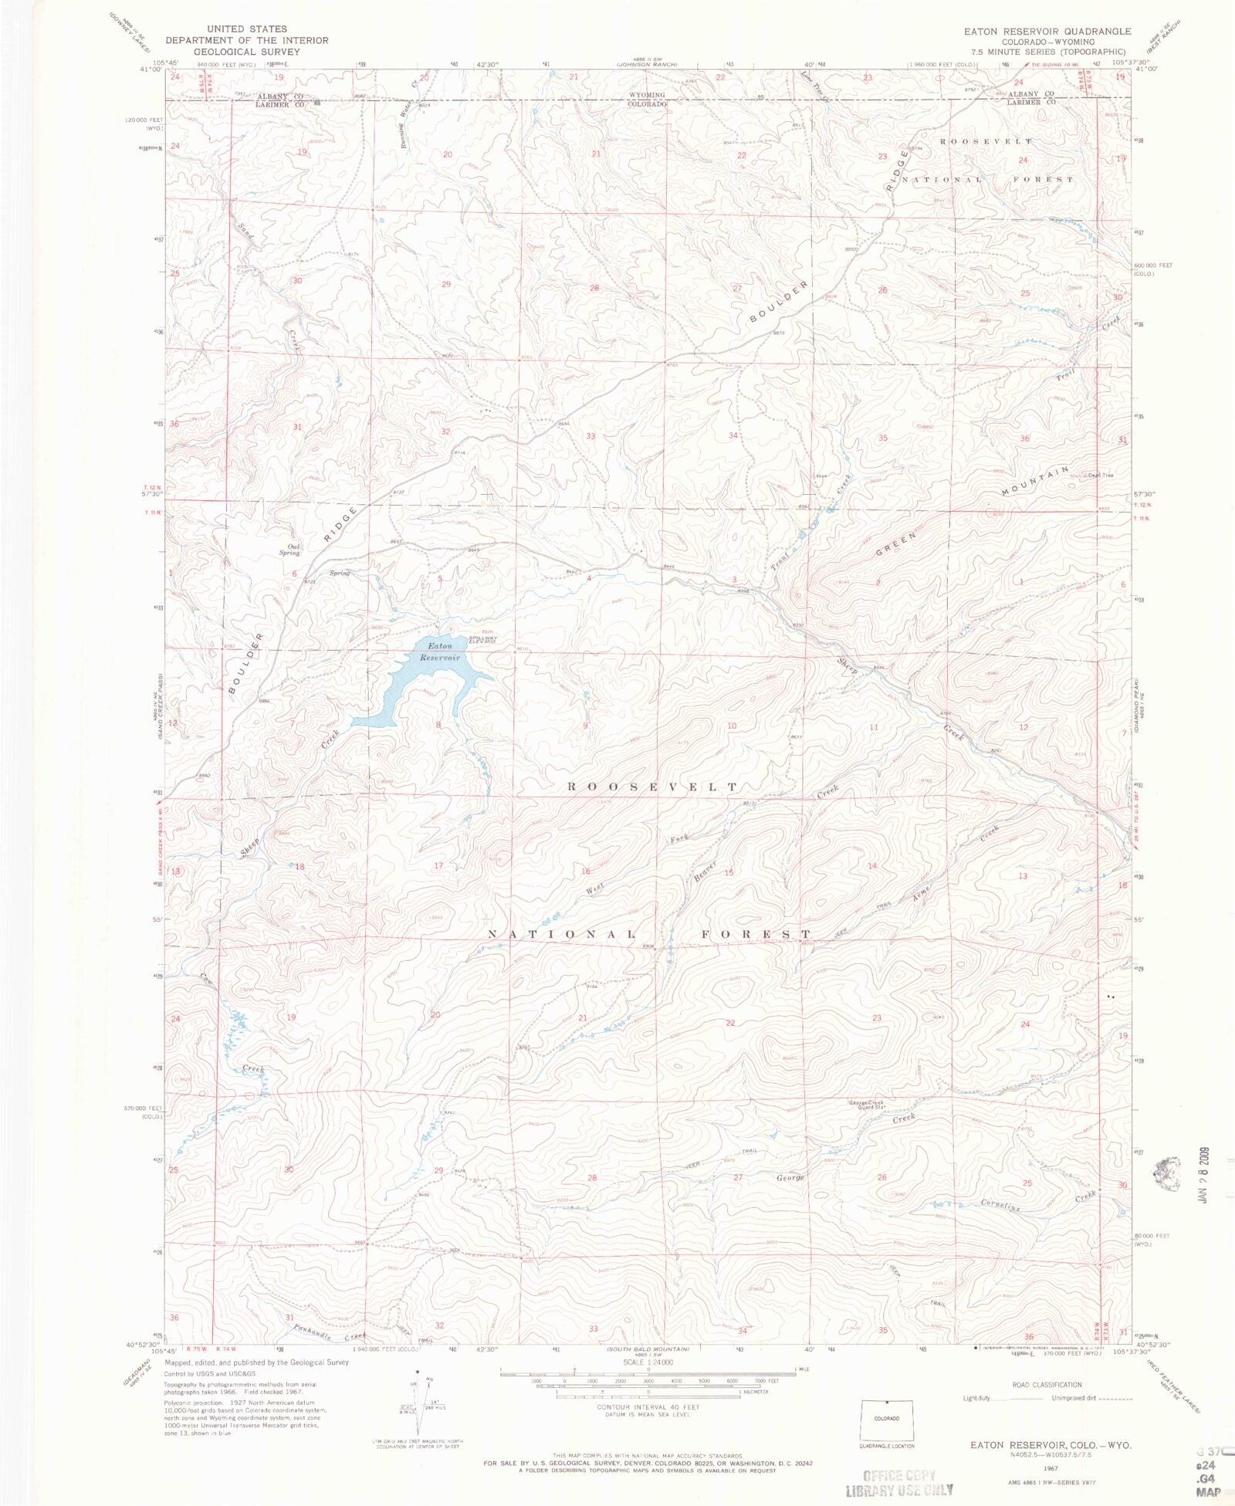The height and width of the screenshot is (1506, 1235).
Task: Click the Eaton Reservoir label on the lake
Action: tap(440, 651)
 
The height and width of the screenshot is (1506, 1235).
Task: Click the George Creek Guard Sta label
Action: tap(866, 1104)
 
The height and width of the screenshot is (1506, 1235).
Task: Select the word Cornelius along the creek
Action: tap(1000, 1204)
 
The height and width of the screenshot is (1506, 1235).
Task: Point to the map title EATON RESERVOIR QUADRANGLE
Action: tap(1047, 32)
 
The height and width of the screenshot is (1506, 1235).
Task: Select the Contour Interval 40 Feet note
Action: tap(648, 1407)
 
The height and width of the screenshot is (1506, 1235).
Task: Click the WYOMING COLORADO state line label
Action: tap(646, 100)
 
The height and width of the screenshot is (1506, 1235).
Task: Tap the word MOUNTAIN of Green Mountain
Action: tap(1036, 481)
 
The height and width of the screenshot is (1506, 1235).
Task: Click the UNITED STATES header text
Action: tap(246, 29)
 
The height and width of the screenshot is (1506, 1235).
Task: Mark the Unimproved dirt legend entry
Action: tap(1091, 1398)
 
